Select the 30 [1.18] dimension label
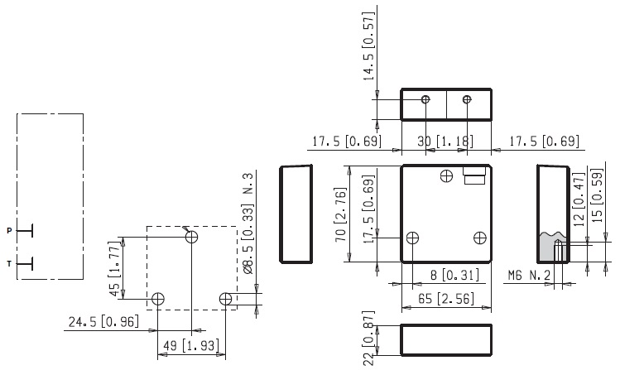[x=447, y=142]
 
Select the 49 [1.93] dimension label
[x=191, y=344]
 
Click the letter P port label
[x=10, y=230]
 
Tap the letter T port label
[x=10, y=264]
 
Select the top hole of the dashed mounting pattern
[x=192, y=237]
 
